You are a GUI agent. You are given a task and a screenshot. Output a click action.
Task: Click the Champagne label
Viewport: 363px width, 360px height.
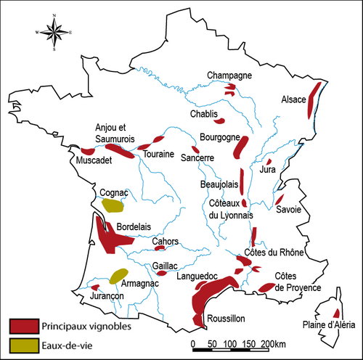click(229, 75)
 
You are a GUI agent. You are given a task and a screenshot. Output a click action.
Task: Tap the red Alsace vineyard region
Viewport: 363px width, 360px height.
click(313, 99)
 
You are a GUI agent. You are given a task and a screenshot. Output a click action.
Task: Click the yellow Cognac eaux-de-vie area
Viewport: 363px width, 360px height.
click(113, 205)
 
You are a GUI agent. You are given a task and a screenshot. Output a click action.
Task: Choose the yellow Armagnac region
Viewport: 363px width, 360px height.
click(117, 276)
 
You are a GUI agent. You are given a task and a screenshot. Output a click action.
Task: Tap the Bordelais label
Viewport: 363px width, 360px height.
click(134, 226)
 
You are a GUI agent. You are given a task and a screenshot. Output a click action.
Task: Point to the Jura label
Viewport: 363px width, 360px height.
click(267, 170)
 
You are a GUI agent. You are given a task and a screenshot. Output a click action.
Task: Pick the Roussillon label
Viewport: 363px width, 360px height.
click(226, 318)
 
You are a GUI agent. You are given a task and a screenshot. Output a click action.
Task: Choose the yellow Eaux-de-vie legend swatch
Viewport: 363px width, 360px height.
click(23, 343)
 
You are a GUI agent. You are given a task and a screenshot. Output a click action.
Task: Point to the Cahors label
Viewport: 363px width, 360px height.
click(166, 242)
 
